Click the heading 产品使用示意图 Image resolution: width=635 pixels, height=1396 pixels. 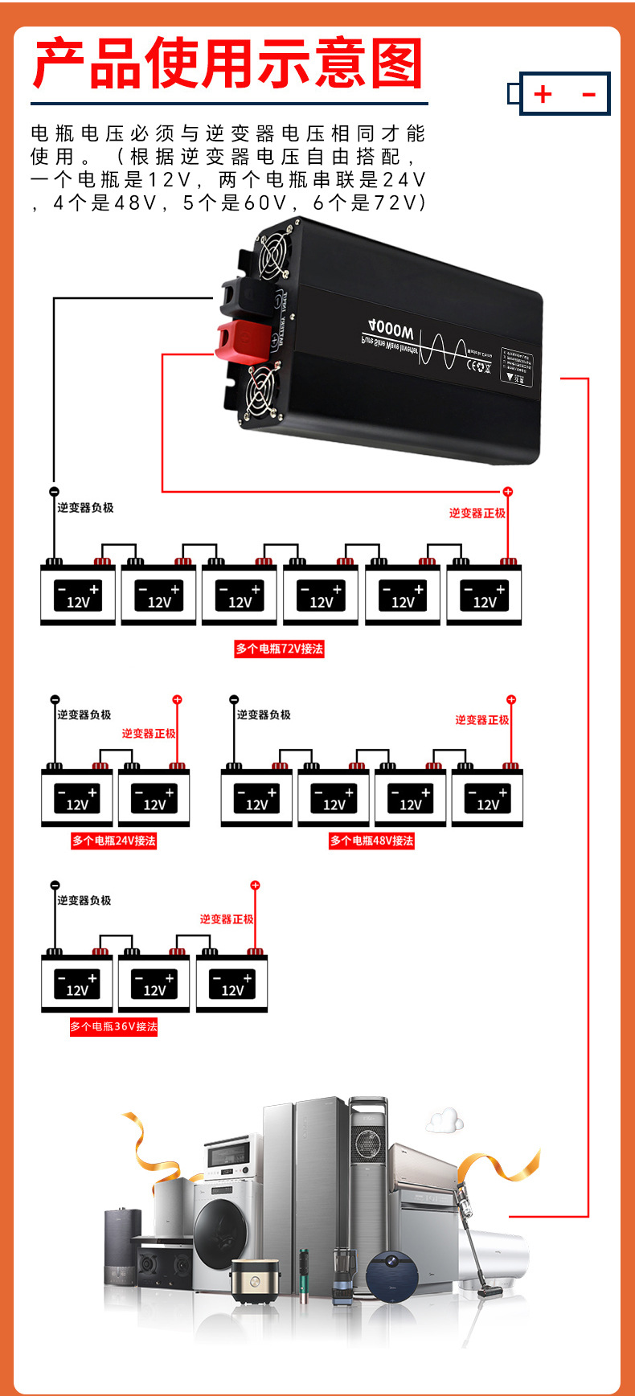[228, 64]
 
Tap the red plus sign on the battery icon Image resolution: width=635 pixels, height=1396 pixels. [543, 94]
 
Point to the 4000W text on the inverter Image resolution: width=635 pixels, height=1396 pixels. [391, 329]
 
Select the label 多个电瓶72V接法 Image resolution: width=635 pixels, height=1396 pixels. [279, 649]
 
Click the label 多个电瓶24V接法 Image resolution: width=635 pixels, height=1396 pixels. [113, 841]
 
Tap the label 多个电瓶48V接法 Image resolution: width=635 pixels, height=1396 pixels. [371, 841]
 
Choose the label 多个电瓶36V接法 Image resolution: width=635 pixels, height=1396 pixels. [113, 1026]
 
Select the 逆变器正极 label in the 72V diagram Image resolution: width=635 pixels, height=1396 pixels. [477, 513]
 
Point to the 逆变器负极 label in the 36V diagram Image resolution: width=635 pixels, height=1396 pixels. [84, 900]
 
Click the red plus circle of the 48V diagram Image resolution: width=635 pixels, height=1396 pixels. [510, 700]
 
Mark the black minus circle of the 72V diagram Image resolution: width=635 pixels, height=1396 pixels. [54, 492]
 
